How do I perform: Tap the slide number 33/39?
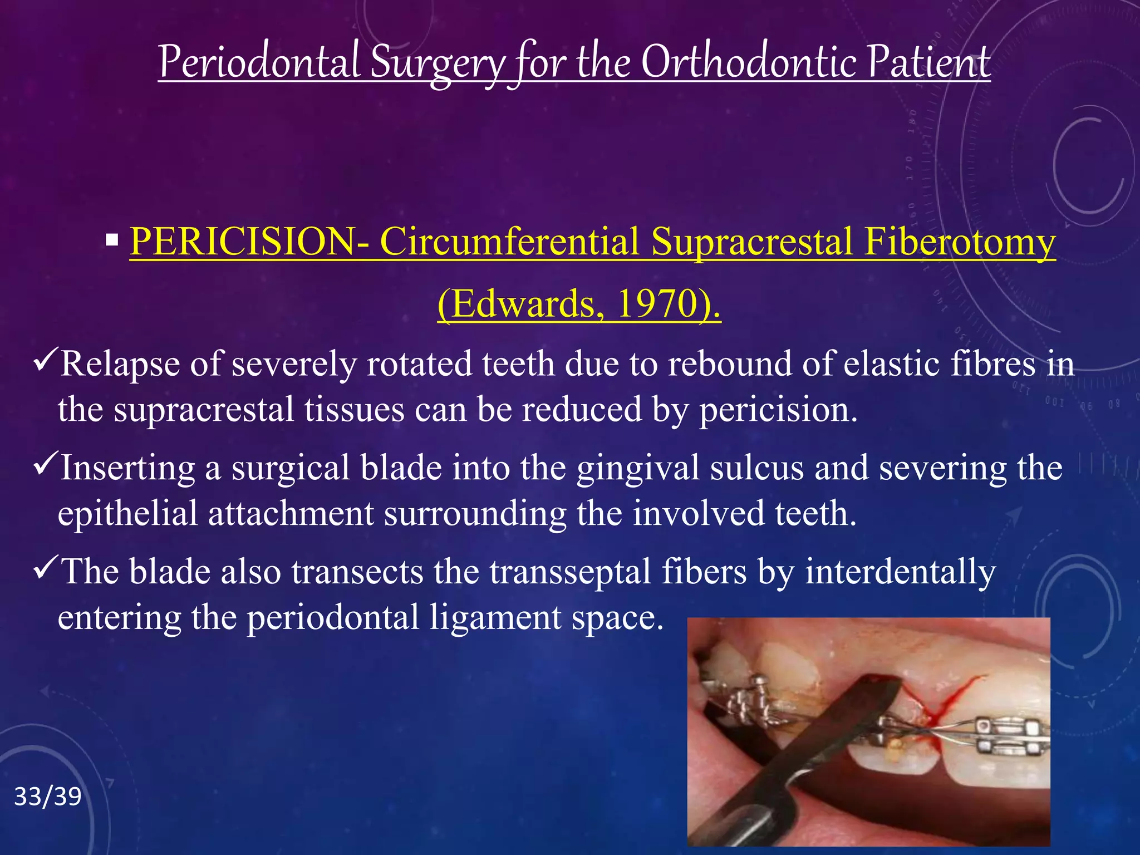(48, 797)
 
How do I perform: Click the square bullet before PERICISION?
(112, 241)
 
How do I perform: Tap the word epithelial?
(127, 513)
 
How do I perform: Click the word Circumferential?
(509, 243)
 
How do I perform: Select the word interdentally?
(900, 572)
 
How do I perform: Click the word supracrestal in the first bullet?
(203, 410)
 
